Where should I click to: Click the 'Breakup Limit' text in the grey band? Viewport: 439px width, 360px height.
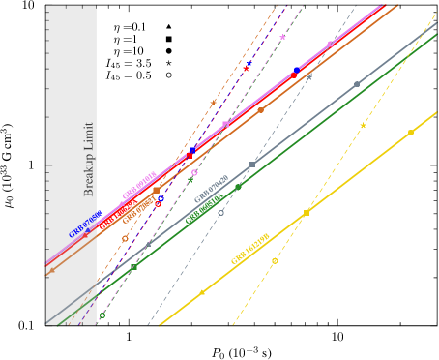point(89,159)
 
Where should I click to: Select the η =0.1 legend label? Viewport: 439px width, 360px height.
point(125,27)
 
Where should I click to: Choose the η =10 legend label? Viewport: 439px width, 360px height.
point(125,50)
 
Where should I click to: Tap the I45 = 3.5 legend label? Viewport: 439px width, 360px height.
point(126,62)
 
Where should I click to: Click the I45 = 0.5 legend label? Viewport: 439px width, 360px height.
point(126,75)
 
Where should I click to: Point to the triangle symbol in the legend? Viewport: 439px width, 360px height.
point(168,27)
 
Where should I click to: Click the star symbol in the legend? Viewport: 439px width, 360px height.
point(168,62)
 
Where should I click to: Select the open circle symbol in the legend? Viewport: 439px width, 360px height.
point(168,75)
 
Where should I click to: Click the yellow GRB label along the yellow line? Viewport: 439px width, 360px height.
point(249,249)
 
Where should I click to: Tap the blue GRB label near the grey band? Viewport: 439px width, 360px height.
point(85,225)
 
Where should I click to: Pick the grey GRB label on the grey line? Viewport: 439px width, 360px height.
point(211,190)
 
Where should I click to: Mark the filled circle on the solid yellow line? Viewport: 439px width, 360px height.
point(410,132)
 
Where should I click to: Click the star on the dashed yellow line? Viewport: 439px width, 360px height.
point(363,126)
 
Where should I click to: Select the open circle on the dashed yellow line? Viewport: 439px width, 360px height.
point(275,260)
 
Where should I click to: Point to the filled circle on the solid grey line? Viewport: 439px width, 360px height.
point(357,84)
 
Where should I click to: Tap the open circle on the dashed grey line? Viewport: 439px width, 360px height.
point(220,213)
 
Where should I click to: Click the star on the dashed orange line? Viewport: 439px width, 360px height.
point(214,103)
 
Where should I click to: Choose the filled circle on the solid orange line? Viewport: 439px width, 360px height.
point(260,110)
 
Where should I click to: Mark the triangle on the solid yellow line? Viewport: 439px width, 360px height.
point(202,291)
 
